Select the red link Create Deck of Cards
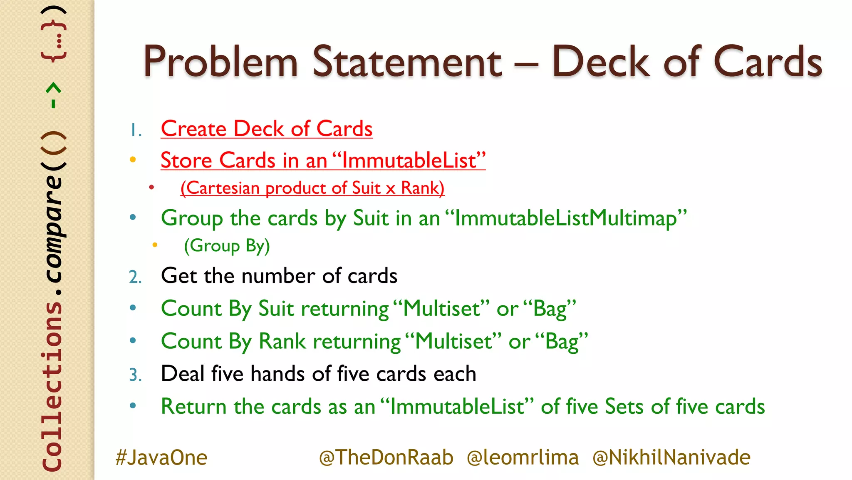[267, 129]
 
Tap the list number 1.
[135, 130]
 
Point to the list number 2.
[135, 277]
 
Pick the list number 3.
[135, 375]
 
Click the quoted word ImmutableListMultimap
[566, 218]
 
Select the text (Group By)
[227, 246]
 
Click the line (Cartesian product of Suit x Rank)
[312, 188]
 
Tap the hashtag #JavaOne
[161, 457]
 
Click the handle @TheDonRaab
[386, 457]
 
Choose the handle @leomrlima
[523, 457]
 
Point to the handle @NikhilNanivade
[671, 457]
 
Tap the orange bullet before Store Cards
[133, 160]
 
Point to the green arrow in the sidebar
[54, 95]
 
